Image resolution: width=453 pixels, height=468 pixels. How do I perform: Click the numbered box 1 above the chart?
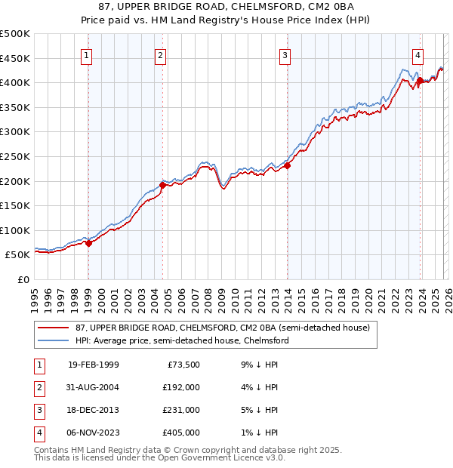[x=88, y=55]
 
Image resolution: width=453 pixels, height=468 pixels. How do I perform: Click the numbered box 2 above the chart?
[x=162, y=55]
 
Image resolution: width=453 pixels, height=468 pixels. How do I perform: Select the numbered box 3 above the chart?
[x=285, y=55]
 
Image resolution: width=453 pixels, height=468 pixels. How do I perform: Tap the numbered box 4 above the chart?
[x=418, y=55]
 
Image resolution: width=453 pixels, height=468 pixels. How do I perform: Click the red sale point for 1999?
[x=89, y=243]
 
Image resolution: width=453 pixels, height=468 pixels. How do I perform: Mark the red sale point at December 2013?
[x=287, y=166]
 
